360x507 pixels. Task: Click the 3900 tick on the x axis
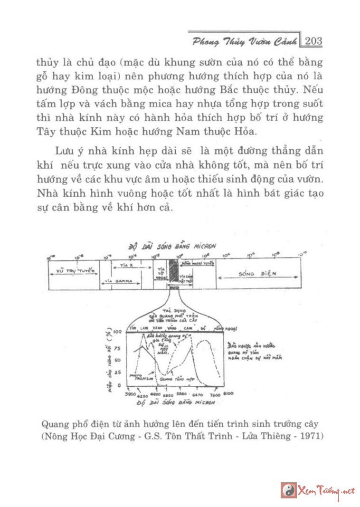[x=130, y=394]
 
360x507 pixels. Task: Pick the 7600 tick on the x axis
[x=214, y=395]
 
